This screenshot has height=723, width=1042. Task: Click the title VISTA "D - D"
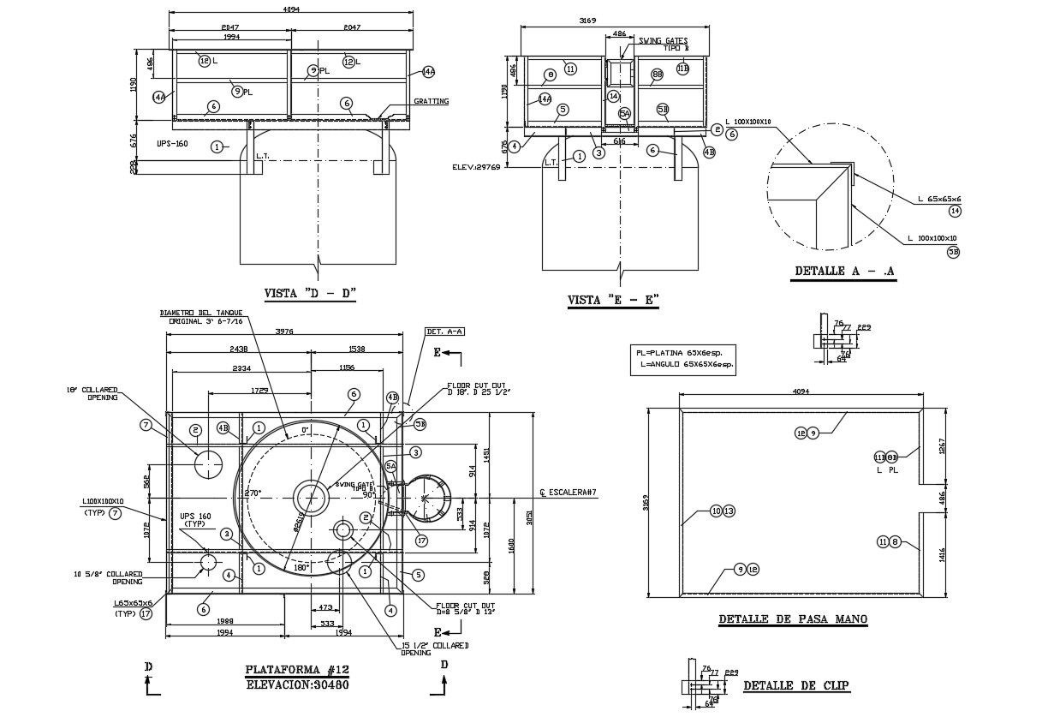[309, 294]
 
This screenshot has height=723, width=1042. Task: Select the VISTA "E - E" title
[613, 301]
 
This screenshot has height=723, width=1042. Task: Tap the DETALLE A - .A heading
[844, 272]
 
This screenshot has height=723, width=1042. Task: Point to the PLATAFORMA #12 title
[297, 670]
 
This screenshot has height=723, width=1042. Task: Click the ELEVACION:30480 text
[297, 684]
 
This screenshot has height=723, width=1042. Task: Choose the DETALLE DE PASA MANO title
[792, 618]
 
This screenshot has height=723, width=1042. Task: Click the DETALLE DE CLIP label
[796, 685]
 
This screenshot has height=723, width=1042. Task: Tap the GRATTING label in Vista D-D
[431, 101]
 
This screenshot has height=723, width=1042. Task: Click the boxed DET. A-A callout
[444, 332]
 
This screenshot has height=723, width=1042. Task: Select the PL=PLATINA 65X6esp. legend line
[685, 352]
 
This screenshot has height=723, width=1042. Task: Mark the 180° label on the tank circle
[301, 567]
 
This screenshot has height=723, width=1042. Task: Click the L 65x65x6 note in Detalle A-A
[939, 200]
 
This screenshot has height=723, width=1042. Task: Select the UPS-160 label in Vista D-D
[172, 144]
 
